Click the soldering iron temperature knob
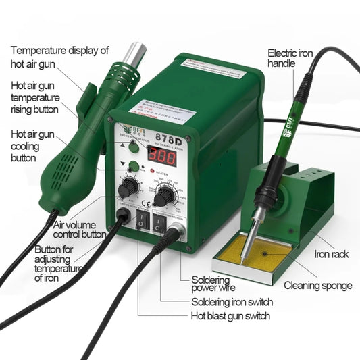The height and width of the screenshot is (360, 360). pyautogui.click(x=163, y=197)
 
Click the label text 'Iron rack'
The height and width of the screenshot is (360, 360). pyautogui.click(x=332, y=255)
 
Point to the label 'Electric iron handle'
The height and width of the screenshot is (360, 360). pyautogui.click(x=290, y=59)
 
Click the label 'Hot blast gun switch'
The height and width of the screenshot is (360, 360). pyautogui.click(x=230, y=316)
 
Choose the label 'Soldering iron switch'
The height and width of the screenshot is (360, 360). pyautogui.click(x=232, y=302)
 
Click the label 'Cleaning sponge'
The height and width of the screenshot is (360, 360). pyautogui.click(x=318, y=286)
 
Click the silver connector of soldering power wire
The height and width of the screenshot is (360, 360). pyautogui.click(x=178, y=235)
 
